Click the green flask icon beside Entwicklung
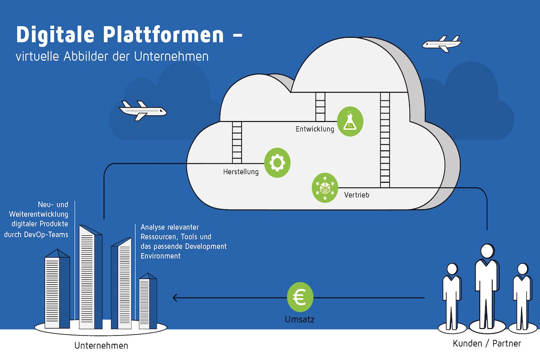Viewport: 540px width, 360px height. tap(350, 121)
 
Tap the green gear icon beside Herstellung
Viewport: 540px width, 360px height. tap(277, 162)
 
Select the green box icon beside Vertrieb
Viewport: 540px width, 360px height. tap(324, 188)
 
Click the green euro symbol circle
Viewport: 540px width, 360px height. tap(300, 297)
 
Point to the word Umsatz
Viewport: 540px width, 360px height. tap(300, 320)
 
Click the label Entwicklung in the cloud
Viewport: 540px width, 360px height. tap(315, 130)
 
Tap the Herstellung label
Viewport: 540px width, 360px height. tap(241, 172)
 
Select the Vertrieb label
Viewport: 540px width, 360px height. tap(356, 195)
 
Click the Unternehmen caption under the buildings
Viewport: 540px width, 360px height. tap(101, 346)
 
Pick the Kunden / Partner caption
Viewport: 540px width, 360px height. tap(487, 344)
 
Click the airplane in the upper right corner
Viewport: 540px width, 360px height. tap(441, 44)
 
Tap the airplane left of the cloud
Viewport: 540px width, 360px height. tap(142, 110)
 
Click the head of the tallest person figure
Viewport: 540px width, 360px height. tap(486, 251)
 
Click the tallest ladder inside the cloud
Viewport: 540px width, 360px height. tap(385, 139)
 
